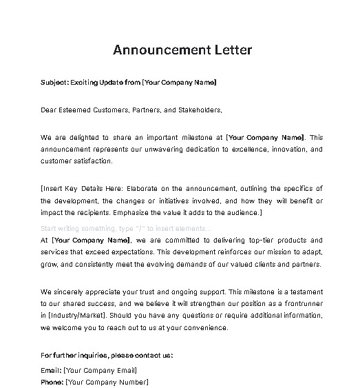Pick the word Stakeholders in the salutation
pyautogui.click(x=194, y=110)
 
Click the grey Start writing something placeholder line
pyautogui.click(x=127, y=228)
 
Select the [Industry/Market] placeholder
pyautogui.click(x=74, y=316)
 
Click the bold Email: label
pyautogui.click(x=51, y=371)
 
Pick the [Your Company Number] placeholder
pyautogui.click(x=107, y=382)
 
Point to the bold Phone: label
pyautogui.click(x=52, y=382)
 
